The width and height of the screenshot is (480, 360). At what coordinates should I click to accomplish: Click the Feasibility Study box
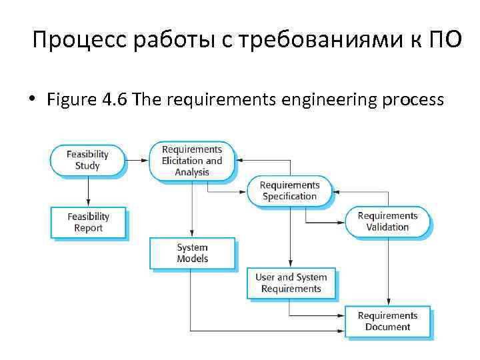tap(87, 161)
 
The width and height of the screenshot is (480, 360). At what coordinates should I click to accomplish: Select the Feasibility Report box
tap(88, 223)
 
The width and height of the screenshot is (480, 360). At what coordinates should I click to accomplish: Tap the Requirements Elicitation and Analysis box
tap(192, 161)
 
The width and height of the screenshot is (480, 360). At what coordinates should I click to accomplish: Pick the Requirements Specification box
tap(289, 191)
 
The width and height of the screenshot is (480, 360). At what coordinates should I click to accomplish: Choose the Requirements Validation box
tap(387, 221)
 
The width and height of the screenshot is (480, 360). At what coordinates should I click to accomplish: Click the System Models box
tap(192, 253)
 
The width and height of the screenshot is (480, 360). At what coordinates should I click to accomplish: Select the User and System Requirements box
tap(291, 283)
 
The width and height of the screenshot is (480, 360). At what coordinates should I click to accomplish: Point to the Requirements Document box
tap(387, 321)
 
